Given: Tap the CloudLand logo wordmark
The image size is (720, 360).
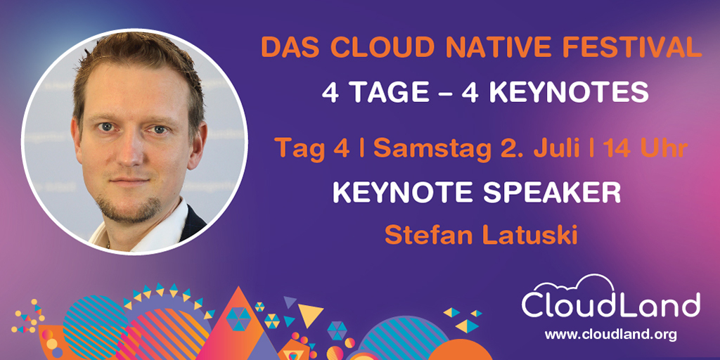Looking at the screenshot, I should pyautogui.click(x=610, y=306).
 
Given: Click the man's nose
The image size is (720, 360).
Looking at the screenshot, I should pyautogui.click(x=132, y=151).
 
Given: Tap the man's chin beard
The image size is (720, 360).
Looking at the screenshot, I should pyautogui.click(x=130, y=207).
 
